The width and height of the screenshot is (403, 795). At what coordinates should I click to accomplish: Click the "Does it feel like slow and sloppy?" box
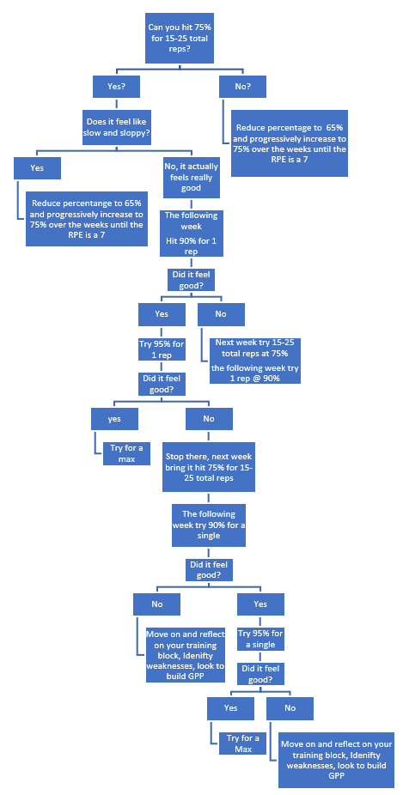click(116, 127)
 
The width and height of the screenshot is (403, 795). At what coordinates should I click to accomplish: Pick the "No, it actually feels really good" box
click(192, 177)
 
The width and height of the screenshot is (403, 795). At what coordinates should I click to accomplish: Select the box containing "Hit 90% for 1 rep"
click(192, 233)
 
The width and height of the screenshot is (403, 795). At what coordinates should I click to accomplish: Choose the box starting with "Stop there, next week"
click(209, 467)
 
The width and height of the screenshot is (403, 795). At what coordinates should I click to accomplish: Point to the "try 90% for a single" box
click(209, 525)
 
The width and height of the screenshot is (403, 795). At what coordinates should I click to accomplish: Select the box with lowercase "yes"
click(114, 419)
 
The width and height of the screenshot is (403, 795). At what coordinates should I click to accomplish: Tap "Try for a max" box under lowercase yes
click(126, 453)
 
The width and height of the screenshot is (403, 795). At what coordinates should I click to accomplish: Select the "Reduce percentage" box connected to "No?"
click(290, 143)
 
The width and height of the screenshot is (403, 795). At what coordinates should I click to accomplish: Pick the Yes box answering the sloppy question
click(37, 167)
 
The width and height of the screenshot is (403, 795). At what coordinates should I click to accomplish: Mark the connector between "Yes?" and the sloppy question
click(116, 104)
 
